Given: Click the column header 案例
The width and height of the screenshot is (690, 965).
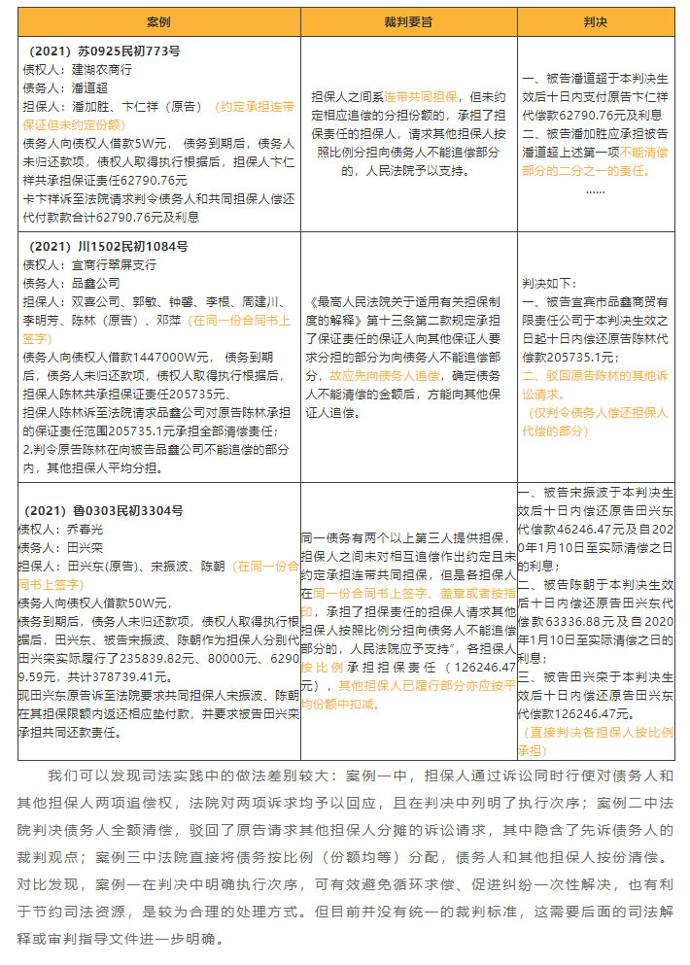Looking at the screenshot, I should [158, 21].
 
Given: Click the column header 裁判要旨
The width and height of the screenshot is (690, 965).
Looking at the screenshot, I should [407, 21].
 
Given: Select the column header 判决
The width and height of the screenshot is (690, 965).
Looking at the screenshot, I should [595, 21].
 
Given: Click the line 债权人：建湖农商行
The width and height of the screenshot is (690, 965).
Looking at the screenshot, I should [77, 70].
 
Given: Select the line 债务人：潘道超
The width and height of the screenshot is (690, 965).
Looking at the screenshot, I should [64, 87].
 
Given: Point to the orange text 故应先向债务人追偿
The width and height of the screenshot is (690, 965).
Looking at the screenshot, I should [379, 374].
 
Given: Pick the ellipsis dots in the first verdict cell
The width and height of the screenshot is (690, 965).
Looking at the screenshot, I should [595, 190].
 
